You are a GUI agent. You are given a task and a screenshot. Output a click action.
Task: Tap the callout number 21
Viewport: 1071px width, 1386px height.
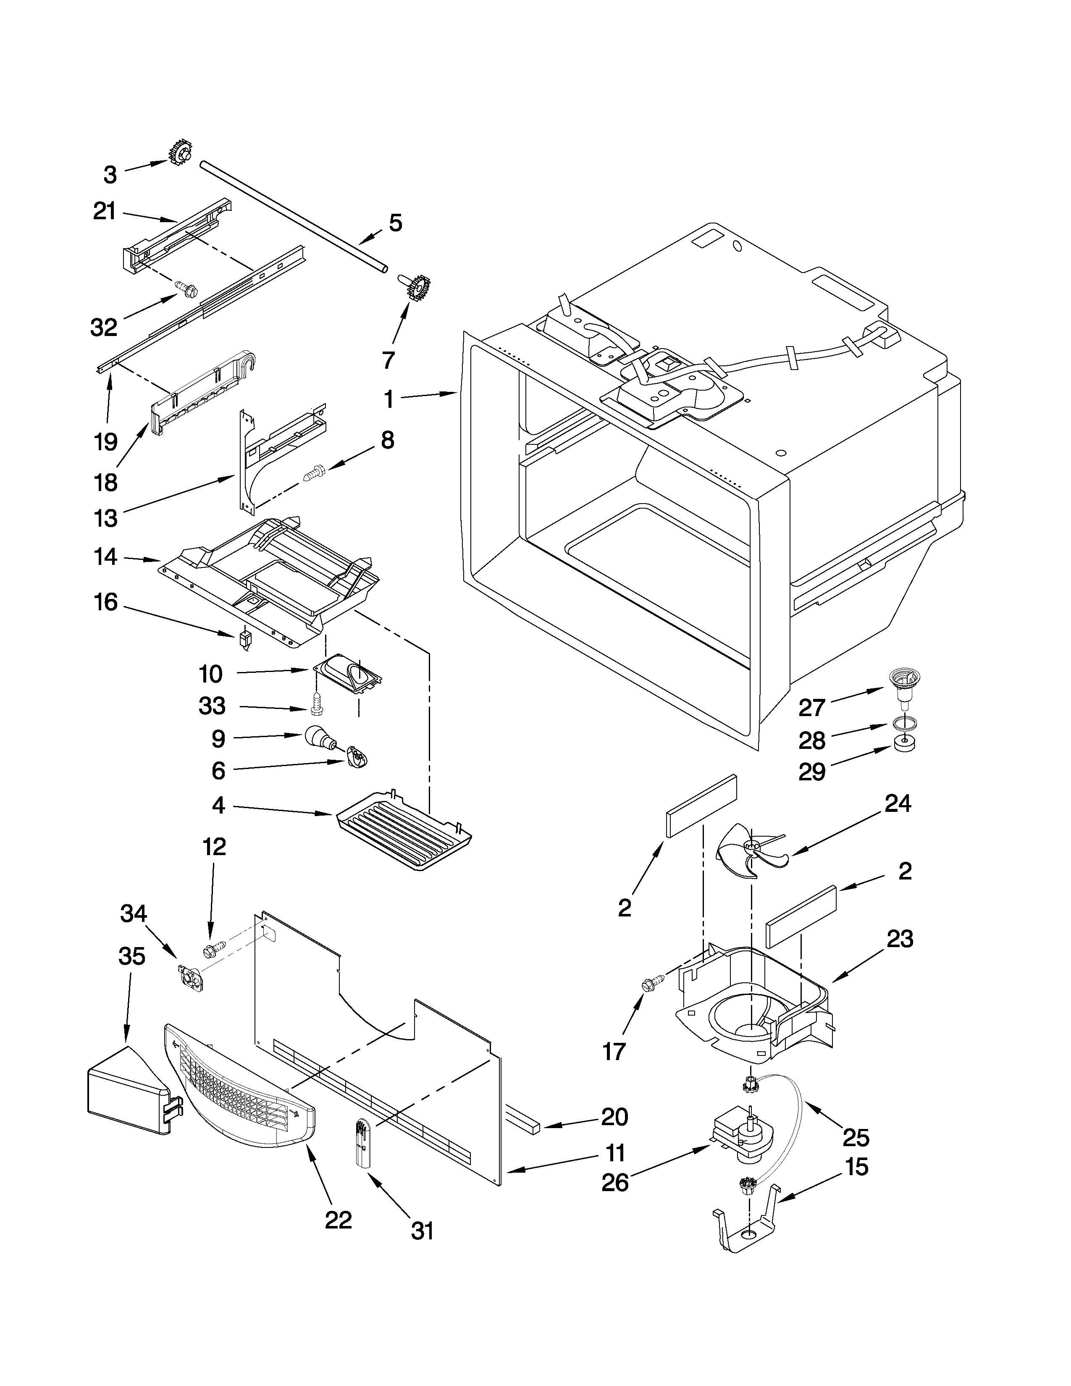[105, 211]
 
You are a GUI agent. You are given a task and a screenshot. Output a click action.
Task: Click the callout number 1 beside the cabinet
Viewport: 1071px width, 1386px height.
[388, 399]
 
